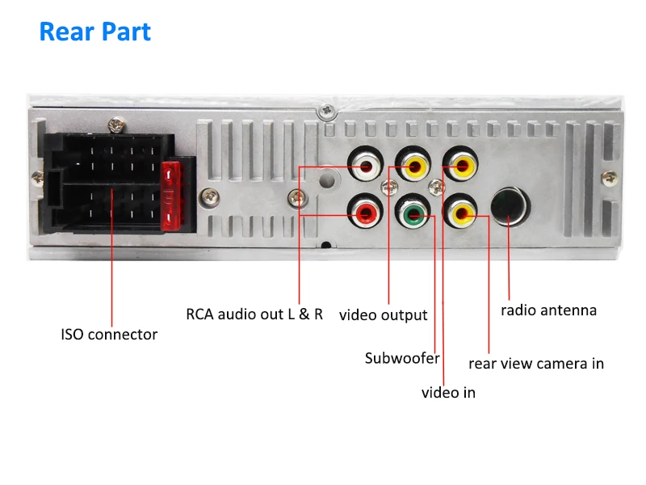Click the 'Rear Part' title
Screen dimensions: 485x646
tap(95, 32)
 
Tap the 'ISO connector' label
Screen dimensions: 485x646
tap(109, 334)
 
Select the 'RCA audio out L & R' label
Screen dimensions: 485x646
tap(254, 314)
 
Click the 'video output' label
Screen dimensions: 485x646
tap(383, 314)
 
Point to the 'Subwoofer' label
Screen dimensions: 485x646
tap(401, 357)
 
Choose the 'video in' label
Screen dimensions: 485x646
tap(448, 392)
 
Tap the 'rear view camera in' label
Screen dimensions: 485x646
tap(536, 363)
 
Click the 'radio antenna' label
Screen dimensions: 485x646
tap(548, 310)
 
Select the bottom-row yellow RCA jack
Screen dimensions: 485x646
tap(463, 214)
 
